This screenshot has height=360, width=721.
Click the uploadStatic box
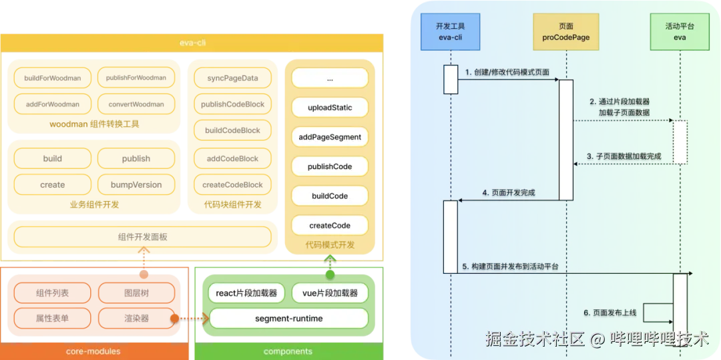330,108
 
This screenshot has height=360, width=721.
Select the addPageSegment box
330,137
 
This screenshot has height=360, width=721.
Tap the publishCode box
330,166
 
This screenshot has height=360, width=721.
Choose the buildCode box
330,196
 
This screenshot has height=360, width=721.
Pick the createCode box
330,225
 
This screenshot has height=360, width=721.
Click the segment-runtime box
288,319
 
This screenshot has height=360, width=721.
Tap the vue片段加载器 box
330,293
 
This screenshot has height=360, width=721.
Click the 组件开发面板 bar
142,236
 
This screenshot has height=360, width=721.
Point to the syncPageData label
232,78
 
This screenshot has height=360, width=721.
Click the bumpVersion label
136,185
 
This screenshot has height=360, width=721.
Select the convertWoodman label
136,104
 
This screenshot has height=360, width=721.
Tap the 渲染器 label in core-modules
136,318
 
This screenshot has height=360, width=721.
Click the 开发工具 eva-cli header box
450,32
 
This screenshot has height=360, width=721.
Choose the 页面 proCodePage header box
566,32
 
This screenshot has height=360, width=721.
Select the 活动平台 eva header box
680,32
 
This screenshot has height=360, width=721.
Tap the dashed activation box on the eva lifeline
680,142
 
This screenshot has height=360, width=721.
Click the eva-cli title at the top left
192,42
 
